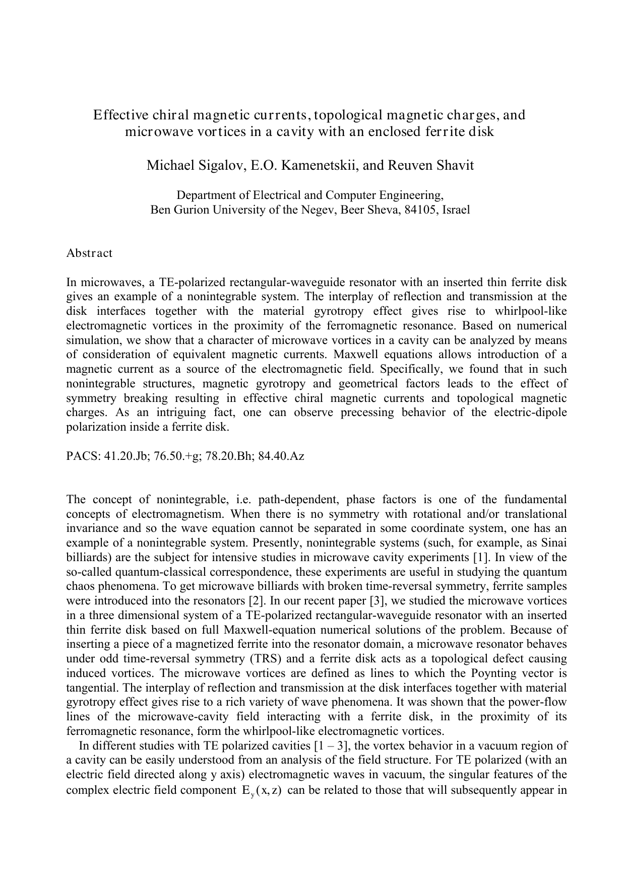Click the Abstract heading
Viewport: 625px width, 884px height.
(x=89, y=253)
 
